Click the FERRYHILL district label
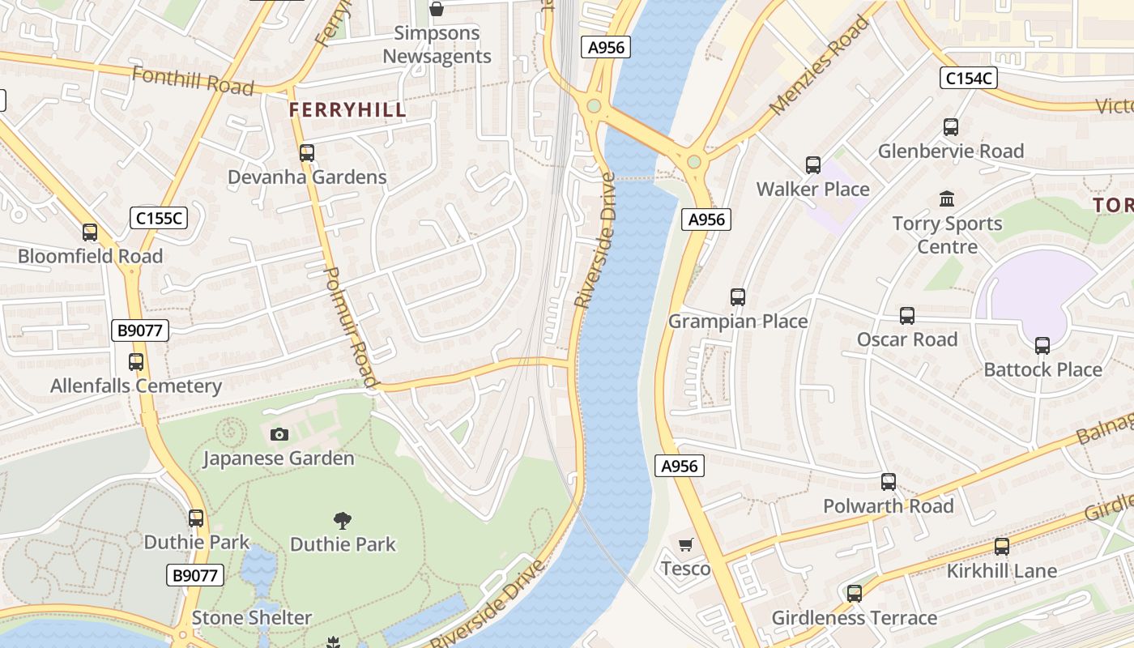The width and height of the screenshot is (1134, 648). pos(347,110)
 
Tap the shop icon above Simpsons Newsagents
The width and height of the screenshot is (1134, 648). pos(437,9)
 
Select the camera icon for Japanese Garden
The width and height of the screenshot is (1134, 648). pos(279,435)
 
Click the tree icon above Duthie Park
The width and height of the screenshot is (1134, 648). pos(343,520)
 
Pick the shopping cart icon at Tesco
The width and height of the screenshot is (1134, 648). pos(685,545)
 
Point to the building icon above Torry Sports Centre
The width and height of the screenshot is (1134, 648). pos(946,199)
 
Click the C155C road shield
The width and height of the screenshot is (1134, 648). pos(159,218)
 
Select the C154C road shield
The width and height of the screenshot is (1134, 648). pos(968,78)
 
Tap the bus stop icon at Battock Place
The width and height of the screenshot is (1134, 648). pos(1042,346)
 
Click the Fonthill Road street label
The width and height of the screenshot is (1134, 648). pos(193,81)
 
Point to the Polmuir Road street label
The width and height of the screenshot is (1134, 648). pos(352,327)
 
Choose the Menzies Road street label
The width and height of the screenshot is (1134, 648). pos(819,65)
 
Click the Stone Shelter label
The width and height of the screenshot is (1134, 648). pos(251,618)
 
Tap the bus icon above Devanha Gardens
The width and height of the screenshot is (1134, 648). pos(306,153)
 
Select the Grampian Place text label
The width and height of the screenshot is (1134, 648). pos(737,322)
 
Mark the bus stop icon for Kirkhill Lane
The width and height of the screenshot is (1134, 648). pos(1002,547)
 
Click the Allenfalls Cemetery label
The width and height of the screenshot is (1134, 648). pos(135,386)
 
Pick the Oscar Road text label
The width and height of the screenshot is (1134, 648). pos(907,339)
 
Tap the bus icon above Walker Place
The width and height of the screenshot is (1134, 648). pos(812,165)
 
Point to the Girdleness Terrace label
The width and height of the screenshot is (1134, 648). pos(854,618)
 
